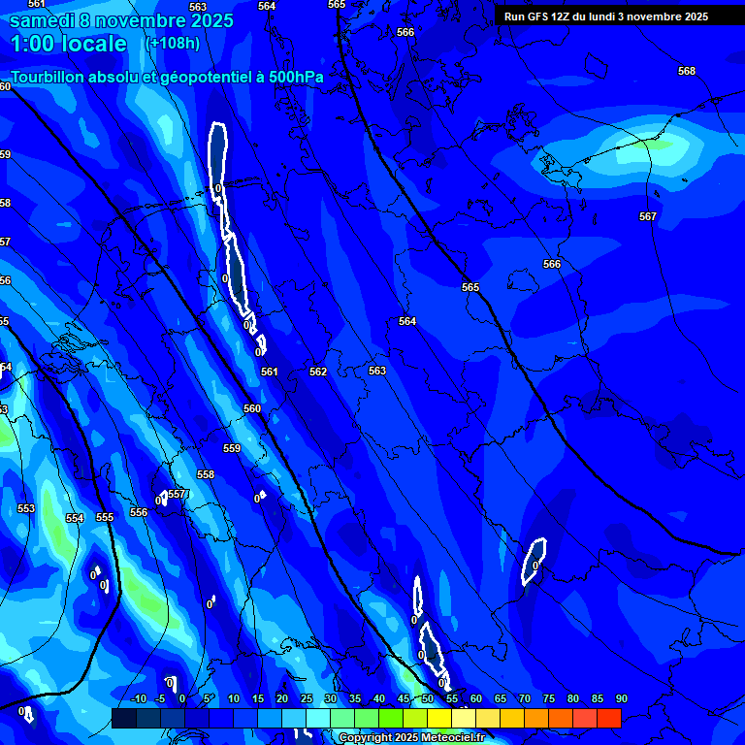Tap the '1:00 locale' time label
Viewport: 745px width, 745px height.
point(69,44)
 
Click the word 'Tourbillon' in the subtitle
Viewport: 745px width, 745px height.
point(52,77)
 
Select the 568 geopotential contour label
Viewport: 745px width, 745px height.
point(687,71)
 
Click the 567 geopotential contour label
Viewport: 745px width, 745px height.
point(648,216)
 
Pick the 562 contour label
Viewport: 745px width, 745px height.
point(318,372)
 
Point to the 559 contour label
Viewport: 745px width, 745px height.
point(232,448)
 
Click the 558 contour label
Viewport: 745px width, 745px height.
point(206,474)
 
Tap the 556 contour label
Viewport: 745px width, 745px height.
point(139,512)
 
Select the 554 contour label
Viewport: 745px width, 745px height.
point(75,518)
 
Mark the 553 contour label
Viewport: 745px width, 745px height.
point(26,508)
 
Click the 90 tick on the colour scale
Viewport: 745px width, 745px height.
point(621,699)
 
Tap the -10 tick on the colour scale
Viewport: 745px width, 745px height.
point(138,699)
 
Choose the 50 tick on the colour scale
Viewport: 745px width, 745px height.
point(427,699)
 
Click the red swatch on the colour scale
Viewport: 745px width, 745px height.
point(608,719)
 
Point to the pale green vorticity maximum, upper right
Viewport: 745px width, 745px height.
point(652,148)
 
